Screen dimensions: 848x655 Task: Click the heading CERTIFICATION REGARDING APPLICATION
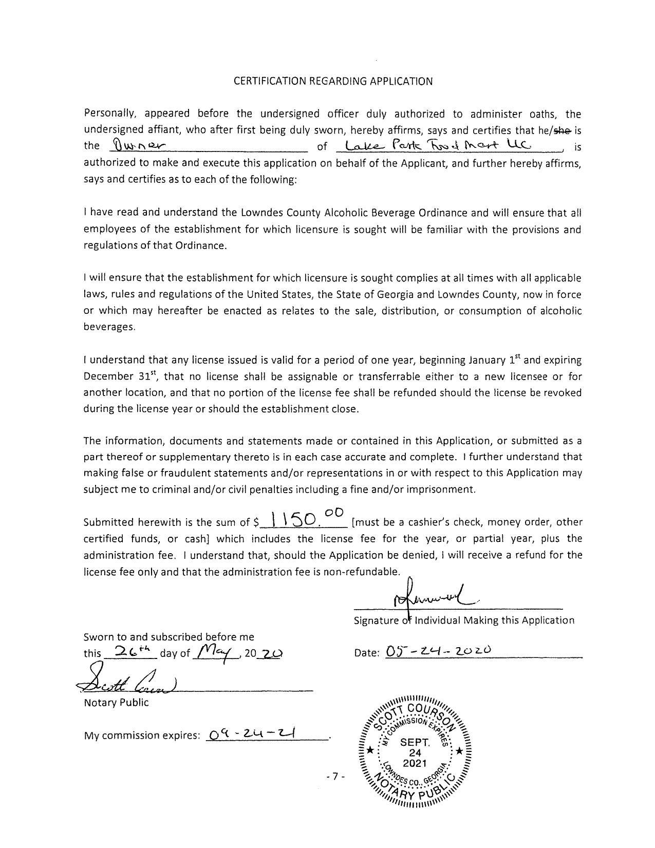coord(333,81)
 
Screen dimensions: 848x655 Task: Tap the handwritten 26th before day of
coord(129,651)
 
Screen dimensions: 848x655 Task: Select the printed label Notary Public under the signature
coord(116,703)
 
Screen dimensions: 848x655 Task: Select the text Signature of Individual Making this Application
coord(464,620)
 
